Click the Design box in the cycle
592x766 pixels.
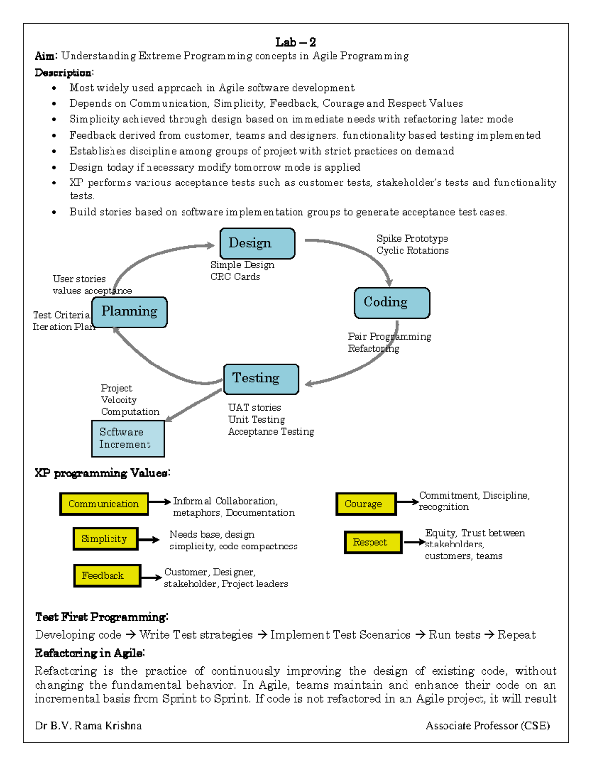point(257,243)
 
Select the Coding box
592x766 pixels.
point(392,302)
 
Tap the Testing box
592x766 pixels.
point(261,379)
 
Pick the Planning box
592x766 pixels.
point(129,312)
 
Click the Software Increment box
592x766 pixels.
point(128,438)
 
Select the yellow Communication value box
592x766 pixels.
point(104,504)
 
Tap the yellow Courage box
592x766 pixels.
point(366,504)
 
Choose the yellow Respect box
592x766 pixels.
point(372,542)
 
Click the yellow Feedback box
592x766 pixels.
point(107,576)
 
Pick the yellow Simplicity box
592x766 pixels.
point(105,539)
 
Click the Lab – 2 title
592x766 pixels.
point(296,42)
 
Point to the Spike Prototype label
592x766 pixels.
point(412,239)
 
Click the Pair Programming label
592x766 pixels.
point(389,336)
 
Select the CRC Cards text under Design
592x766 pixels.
point(235,277)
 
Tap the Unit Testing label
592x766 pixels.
point(257,420)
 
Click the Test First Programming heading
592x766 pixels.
point(102,617)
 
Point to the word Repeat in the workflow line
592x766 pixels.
point(516,635)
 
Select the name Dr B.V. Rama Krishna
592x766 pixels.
point(88,726)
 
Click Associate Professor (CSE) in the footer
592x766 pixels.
point(487,726)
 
